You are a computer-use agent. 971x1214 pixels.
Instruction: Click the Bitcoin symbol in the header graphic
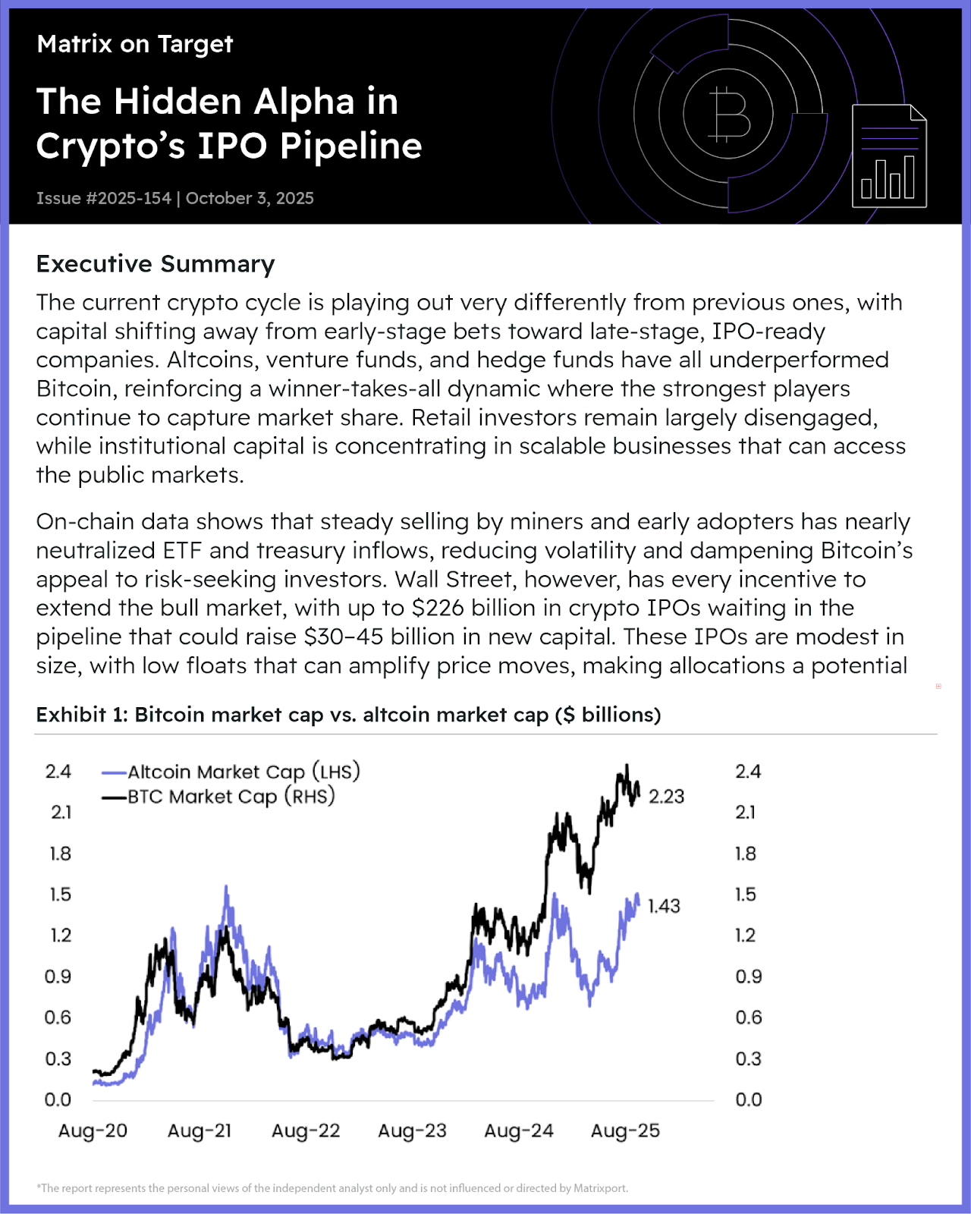(x=728, y=115)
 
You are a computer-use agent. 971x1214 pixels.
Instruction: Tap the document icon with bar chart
(x=889, y=156)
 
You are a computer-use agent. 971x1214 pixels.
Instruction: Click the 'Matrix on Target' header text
(x=134, y=44)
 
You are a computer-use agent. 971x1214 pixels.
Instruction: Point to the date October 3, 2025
(x=250, y=199)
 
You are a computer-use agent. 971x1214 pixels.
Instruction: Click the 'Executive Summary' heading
(x=156, y=264)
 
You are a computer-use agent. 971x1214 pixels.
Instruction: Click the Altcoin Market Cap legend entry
(x=231, y=772)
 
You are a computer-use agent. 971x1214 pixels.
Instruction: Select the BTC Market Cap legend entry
(x=219, y=797)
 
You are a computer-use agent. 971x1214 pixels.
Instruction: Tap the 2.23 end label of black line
(x=666, y=797)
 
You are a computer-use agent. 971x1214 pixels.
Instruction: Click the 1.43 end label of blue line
(x=664, y=906)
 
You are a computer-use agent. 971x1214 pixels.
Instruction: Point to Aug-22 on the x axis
(x=306, y=1131)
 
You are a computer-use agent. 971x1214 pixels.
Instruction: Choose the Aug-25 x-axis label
(x=625, y=1131)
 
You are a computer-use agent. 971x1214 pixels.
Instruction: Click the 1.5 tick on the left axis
(x=60, y=895)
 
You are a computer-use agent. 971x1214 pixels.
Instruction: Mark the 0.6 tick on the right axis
(x=748, y=1017)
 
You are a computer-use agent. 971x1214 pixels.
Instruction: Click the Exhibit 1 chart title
(x=348, y=716)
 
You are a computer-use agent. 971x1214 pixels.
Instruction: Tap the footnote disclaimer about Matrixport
(x=332, y=1188)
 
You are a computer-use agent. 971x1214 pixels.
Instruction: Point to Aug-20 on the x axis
(x=93, y=1131)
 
